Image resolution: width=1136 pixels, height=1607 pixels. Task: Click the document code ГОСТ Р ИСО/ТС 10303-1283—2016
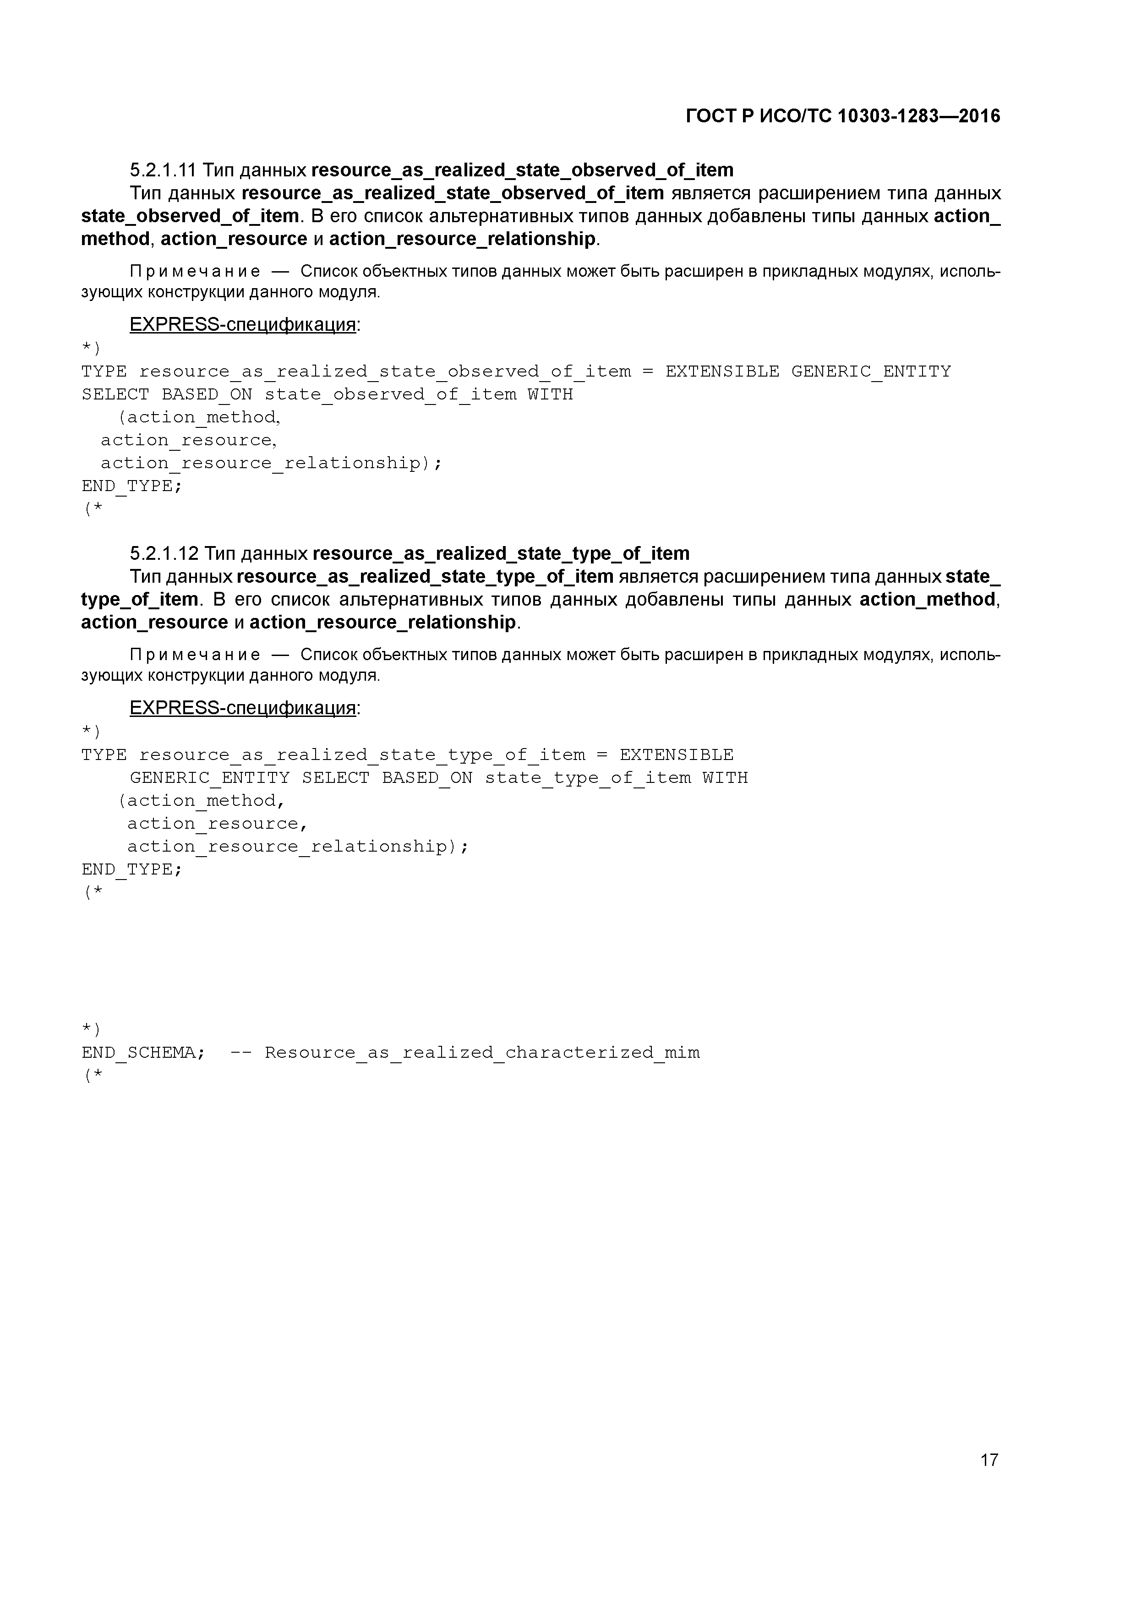click(x=843, y=116)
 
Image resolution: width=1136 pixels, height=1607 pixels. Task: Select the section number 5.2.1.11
click(x=163, y=170)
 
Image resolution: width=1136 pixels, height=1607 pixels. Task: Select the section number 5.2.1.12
click(x=164, y=554)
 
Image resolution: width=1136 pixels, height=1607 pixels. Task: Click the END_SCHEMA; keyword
click(x=143, y=1053)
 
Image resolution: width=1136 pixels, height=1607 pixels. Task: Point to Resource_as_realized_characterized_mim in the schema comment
click(x=482, y=1053)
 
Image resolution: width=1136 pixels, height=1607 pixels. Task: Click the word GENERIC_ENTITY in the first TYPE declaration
click(x=871, y=372)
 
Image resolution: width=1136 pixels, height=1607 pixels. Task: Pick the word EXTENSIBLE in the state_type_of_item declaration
click(x=676, y=755)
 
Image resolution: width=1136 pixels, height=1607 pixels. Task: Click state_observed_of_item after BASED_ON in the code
click(x=391, y=395)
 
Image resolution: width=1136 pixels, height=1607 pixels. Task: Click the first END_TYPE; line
click(x=131, y=486)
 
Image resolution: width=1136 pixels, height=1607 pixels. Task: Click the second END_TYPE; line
click(x=131, y=869)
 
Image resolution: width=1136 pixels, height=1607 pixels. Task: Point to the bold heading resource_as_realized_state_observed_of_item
click(x=522, y=170)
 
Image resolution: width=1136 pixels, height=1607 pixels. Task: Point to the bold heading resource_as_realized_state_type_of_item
click(x=501, y=554)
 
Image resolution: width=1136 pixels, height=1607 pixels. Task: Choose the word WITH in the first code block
click(x=550, y=395)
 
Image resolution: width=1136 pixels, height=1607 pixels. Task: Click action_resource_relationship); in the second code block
click(x=297, y=847)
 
